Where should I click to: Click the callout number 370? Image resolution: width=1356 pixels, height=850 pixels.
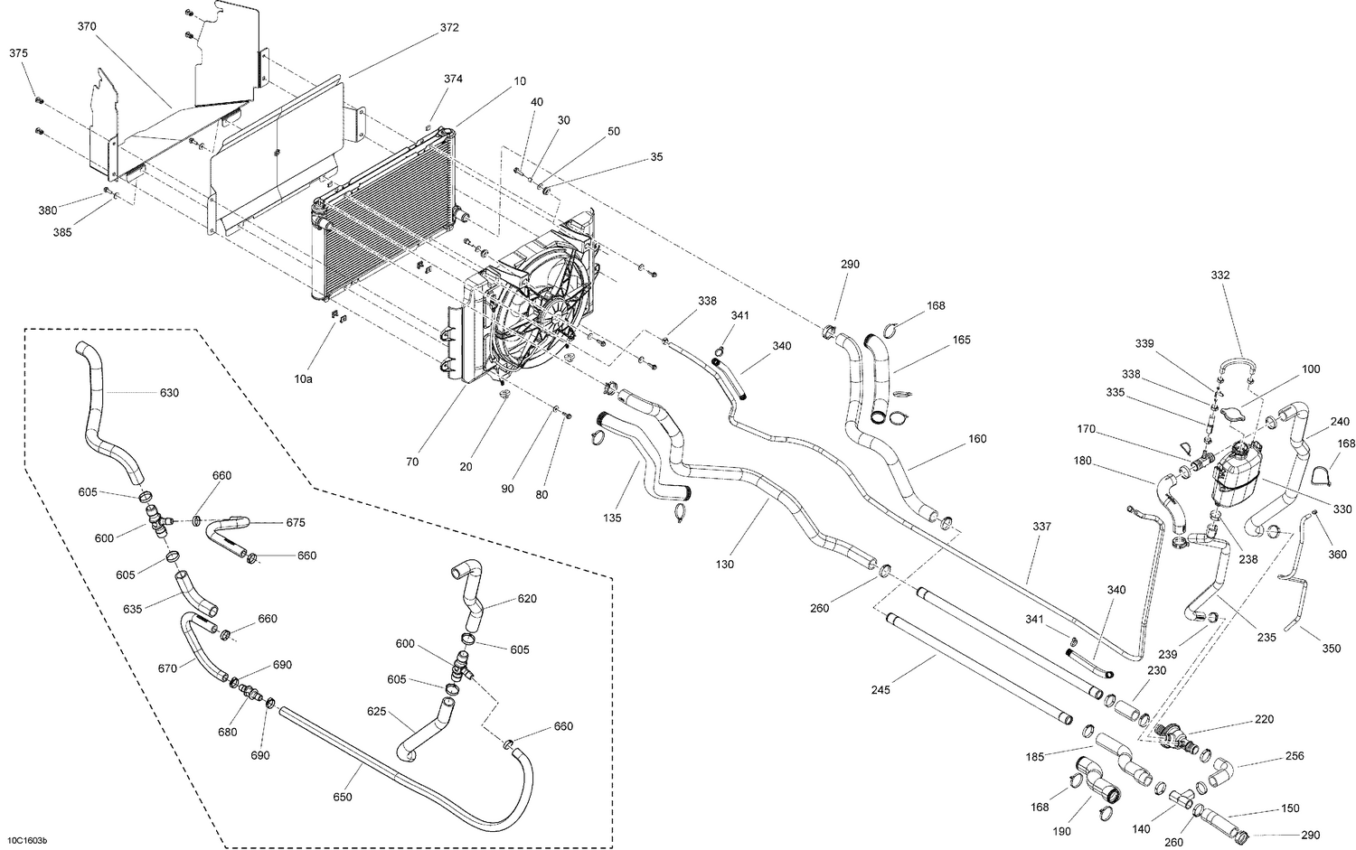tap(87, 27)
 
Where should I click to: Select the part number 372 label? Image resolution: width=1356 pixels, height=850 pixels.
tap(449, 27)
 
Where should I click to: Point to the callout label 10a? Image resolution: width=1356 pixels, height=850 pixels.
tap(304, 378)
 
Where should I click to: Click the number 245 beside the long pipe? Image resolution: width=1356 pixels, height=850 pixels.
tap(880, 690)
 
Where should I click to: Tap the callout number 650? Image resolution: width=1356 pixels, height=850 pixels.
tap(342, 797)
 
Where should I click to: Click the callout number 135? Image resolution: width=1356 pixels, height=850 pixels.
tap(612, 519)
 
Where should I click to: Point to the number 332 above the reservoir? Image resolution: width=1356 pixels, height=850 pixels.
tap(1220, 275)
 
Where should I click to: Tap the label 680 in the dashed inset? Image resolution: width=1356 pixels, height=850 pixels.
tap(226, 731)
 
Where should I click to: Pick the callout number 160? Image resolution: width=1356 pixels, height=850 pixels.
tap(977, 439)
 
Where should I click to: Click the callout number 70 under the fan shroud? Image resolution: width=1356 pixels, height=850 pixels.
tap(412, 462)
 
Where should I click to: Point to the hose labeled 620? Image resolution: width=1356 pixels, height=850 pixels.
tap(472, 596)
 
